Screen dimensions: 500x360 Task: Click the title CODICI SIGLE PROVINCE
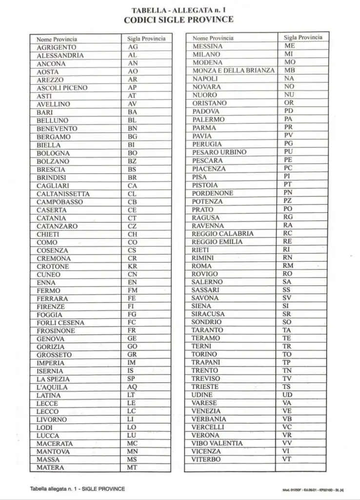[x=179, y=20]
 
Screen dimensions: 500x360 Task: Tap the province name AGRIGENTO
[x=57, y=47]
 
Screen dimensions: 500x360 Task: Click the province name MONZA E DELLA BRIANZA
[x=234, y=70]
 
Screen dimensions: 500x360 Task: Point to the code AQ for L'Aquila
[x=132, y=387]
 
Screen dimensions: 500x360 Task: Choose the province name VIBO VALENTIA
[x=217, y=443]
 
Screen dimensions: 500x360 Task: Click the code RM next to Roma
[x=288, y=266]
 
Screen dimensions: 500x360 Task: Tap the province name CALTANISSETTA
[x=63, y=194]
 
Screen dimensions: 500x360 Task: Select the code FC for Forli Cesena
[x=132, y=323]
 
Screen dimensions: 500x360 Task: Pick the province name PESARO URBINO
[x=219, y=152]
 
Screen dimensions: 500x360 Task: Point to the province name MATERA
[x=50, y=468]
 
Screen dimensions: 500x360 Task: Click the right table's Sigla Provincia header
[x=303, y=37]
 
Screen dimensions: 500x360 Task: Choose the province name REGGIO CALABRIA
[x=222, y=233]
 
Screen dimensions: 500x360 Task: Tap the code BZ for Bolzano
[x=132, y=161]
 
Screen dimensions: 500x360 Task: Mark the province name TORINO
[x=204, y=354]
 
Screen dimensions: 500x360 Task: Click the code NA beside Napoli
[x=289, y=78]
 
